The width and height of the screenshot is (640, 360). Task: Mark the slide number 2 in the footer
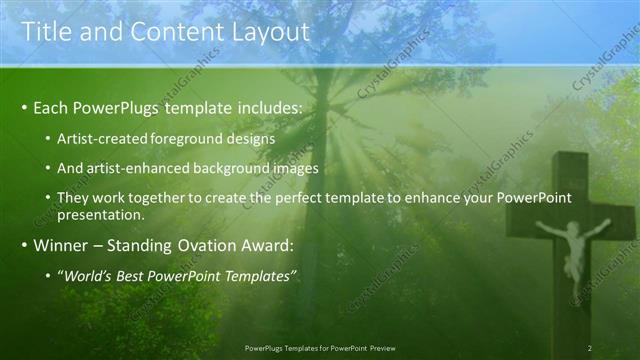590,347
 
